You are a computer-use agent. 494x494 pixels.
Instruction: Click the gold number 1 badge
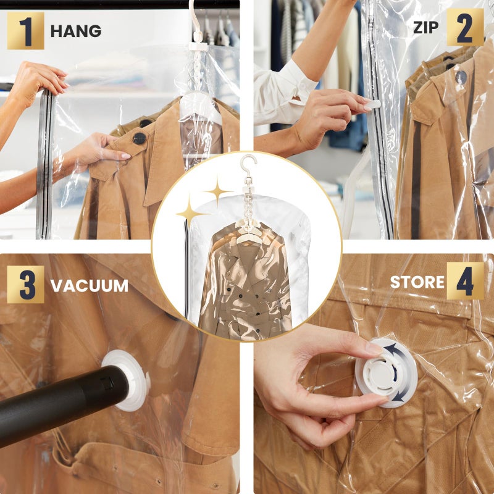pos(25,30)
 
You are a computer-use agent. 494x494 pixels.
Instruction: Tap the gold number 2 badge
pos(465,27)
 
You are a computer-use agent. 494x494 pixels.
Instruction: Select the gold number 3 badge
pos(25,285)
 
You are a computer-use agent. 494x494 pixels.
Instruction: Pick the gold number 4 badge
pos(465,281)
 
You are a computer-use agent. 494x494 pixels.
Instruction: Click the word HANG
pos(76,31)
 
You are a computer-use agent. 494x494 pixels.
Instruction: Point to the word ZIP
pos(427,28)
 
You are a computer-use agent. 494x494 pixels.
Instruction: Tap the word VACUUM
pos(90,286)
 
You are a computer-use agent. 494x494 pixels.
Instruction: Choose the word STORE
pos(417,282)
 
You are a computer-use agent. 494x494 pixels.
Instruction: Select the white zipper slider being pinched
pos(372,105)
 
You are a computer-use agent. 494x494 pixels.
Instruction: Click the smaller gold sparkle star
pos(217,191)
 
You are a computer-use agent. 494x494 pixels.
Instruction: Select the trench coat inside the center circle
pos(247,284)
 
